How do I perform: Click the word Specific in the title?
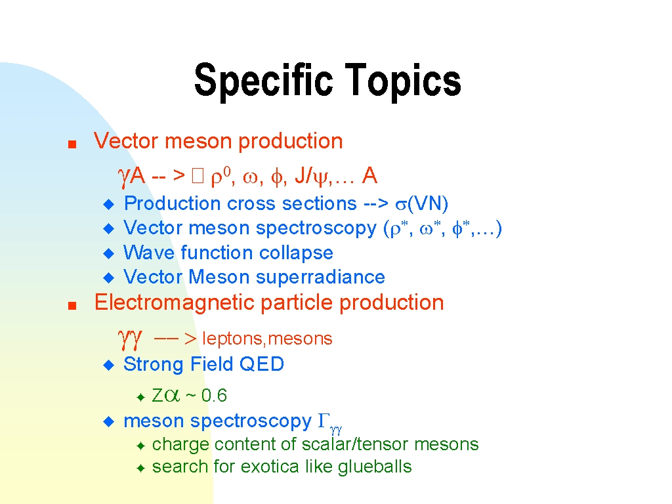click(x=263, y=80)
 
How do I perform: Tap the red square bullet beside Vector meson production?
click(x=72, y=144)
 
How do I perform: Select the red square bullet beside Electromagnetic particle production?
click(x=72, y=306)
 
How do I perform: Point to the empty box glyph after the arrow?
click(x=198, y=175)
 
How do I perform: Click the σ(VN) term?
click(x=422, y=203)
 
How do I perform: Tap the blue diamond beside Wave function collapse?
click(x=109, y=253)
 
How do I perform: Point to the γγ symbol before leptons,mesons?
click(x=129, y=339)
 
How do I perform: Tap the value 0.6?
click(x=214, y=395)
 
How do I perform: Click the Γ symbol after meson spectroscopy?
click(x=324, y=421)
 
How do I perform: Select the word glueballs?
click(x=375, y=467)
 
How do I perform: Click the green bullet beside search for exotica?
click(x=140, y=468)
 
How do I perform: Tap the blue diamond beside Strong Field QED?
click(x=109, y=365)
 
